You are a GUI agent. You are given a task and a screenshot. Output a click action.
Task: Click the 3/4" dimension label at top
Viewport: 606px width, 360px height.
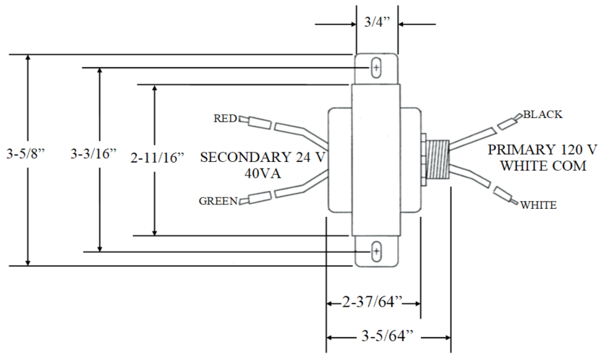(376, 22)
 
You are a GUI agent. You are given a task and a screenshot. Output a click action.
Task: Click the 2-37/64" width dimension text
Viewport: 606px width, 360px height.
(373, 301)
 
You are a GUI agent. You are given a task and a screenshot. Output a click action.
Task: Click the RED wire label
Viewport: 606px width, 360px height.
(224, 119)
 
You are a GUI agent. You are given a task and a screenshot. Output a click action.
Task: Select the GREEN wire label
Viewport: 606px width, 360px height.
(218, 202)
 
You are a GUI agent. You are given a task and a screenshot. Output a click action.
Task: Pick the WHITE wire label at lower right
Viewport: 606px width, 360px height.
(539, 205)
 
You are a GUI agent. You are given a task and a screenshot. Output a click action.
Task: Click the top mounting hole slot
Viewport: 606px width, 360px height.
(375, 67)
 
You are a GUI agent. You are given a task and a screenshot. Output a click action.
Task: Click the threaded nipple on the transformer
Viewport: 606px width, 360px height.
(436, 159)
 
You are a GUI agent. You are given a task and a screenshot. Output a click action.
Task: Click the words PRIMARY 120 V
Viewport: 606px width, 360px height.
(542, 150)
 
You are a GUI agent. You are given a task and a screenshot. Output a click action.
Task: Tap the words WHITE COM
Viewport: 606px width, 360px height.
(542, 166)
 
